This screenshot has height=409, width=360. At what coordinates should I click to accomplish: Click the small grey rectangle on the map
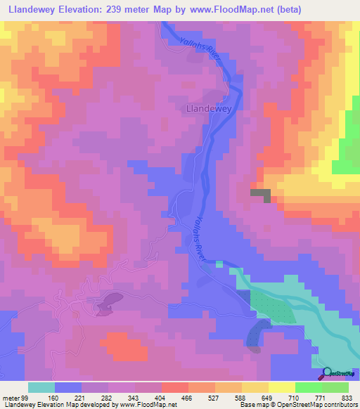(x=260, y=193)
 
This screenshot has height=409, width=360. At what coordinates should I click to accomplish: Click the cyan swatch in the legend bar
(x=41, y=387)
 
